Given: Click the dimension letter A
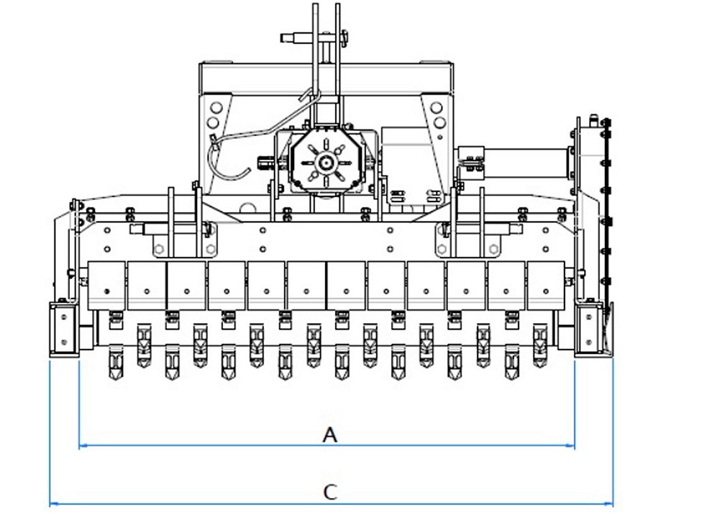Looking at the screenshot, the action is tap(330, 435).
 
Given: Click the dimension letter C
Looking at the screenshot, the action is tap(330, 491).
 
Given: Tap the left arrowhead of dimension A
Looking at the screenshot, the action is tap(83, 446).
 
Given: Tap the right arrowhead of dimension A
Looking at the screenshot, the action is tap(571, 446).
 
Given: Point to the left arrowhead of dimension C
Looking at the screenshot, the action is tap(53, 504).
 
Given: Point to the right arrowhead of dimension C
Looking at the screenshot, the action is tap(609, 504).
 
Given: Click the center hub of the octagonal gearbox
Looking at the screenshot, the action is tap(326, 162).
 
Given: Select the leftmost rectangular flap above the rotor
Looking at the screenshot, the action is tap(106, 286).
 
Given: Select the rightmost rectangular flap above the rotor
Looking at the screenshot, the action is tap(546, 286).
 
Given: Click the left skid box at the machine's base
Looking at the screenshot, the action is tap(64, 329).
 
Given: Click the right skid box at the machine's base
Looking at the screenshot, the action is tap(589, 329).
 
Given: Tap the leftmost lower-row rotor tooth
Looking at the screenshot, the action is tap(116, 362).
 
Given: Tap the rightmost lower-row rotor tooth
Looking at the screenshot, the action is tap(512, 362).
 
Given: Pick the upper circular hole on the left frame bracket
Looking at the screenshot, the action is tap(216, 108).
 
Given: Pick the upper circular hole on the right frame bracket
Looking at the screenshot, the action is tap(437, 108).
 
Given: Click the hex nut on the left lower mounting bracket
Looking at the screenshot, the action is tap(158, 249).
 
